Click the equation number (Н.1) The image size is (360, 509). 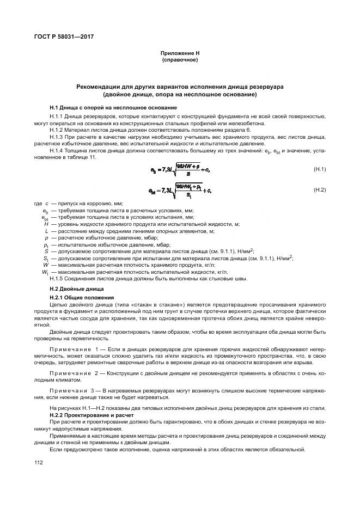pos(319,169)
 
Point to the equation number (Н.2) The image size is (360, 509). pos(319,189)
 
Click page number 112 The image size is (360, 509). pos(38,462)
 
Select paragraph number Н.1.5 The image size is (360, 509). pos(57,279)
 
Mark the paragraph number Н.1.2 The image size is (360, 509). pos(57,131)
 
